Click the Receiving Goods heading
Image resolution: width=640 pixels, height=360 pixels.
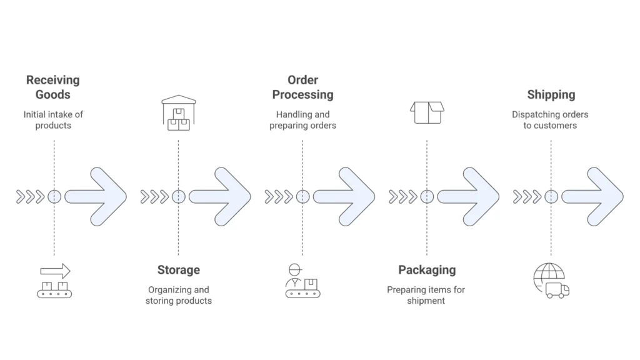pyautogui.click(x=53, y=87)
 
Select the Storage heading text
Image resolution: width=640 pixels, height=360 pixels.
pyautogui.click(x=178, y=270)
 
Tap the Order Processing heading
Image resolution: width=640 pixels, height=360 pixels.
pyautogui.click(x=302, y=87)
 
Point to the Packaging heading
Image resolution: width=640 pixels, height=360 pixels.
pyautogui.click(x=427, y=270)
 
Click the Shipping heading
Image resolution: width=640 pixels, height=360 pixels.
pyautogui.click(x=551, y=95)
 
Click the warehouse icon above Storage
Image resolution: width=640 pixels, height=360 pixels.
pyautogui.click(x=179, y=112)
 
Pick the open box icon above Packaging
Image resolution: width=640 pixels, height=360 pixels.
pyautogui.click(x=426, y=112)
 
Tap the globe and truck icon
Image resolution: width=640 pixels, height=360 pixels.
pyautogui.click(x=551, y=281)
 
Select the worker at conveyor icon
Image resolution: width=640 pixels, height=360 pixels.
pyautogui.click(x=302, y=281)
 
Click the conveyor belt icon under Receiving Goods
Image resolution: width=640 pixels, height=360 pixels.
pyautogui.click(x=54, y=281)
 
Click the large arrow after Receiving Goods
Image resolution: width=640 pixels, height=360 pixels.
pyautogui.click(x=97, y=196)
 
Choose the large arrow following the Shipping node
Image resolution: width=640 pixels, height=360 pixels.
pyautogui.click(x=594, y=196)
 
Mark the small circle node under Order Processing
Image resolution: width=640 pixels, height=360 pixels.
pyautogui.click(x=302, y=197)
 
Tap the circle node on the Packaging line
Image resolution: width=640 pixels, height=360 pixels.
pyautogui.click(x=427, y=197)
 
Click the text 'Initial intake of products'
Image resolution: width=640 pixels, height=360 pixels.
pyautogui.click(x=53, y=120)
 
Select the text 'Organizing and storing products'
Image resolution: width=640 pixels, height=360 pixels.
pyautogui.click(x=178, y=295)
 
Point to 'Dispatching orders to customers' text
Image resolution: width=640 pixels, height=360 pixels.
pyautogui.click(x=551, y=120)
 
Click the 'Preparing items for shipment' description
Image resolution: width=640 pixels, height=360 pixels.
pyautogui.click(x=426, y=295)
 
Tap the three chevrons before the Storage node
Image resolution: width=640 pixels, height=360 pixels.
pyautogui.click(x=154, y=197)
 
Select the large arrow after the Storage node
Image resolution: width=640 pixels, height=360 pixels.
pyautogui.click(x=221, y=196)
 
